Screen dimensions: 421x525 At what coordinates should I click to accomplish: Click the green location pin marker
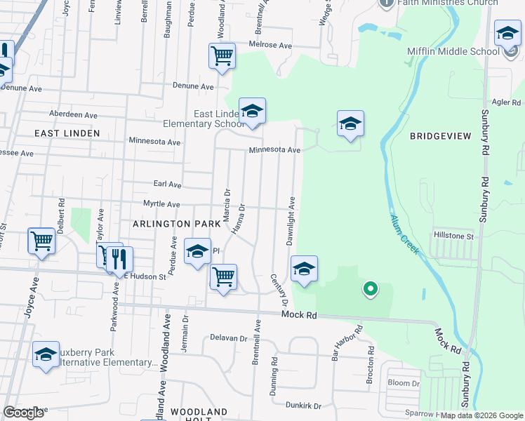tap(370, 288)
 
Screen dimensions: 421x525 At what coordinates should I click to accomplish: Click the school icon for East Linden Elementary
tap(252, 112)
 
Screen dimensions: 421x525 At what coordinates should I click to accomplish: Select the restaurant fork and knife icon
tap(119, 259)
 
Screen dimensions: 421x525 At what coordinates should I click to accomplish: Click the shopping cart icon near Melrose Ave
tap(222, 55)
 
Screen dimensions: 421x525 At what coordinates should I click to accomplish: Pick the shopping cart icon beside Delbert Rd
tap(42, 241)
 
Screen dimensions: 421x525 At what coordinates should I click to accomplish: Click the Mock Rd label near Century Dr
tap(300, 316)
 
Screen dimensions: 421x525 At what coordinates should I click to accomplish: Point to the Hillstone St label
tap(454, 236)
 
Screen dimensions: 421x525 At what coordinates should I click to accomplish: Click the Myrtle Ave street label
tap(161, 204)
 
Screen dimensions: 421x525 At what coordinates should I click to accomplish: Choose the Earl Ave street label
tap(167, 185)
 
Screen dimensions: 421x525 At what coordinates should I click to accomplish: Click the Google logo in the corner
tap(23, 413)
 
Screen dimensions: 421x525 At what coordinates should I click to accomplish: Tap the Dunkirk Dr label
tap(303, 406)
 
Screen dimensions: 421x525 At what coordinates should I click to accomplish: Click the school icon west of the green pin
tap(304, 269)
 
